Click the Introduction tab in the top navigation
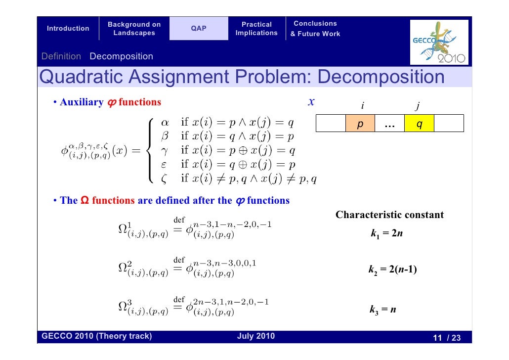coord(68,29)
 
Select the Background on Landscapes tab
coord(134,29)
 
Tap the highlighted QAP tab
coord(199,29)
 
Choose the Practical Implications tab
coord(256,29)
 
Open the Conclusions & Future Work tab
coord(315,29)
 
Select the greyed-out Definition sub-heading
coord(61,56)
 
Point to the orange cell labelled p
coord(360,124)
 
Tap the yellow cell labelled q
coord(419,124)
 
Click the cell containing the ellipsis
coord(389,124)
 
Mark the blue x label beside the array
coord(311,102)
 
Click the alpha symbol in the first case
coord(165,122)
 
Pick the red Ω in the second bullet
coord(84,200)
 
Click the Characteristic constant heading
coord(389,215)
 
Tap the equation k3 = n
coord(382,310)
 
